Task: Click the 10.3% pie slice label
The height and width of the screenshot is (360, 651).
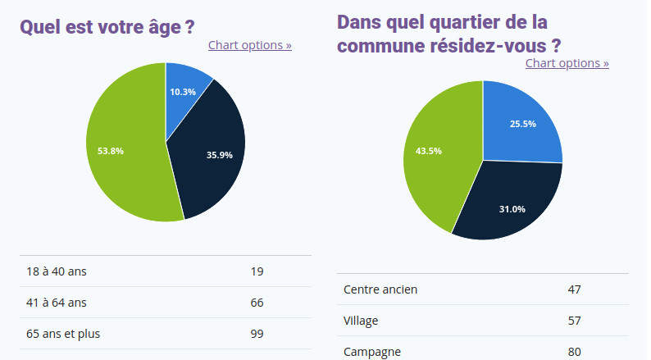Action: coord(183,92)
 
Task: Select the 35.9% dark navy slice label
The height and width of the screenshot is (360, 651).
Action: coord(220,155)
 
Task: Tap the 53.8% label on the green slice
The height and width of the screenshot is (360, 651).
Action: coord(111,151)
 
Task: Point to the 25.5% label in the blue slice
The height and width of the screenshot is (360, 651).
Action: coord(523,124)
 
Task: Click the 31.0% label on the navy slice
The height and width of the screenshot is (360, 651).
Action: coord(512,209)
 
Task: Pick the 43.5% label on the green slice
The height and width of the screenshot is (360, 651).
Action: coord(429,151)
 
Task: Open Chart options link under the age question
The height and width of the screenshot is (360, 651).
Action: coord(250,45)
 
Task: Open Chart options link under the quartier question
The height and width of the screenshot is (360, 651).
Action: coord(567,63)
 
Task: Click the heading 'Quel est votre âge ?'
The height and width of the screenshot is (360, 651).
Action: coord(107,26)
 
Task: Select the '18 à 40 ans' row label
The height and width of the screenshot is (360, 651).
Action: coord(57,271)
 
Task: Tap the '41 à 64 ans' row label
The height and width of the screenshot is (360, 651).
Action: coord(57,303)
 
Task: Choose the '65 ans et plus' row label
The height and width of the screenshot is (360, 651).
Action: coord(63,334)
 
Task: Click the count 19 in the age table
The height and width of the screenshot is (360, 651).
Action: coord(257,271)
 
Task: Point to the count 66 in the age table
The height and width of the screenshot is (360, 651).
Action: coord(257,303)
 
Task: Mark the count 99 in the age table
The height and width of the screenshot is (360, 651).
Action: coord(257,334)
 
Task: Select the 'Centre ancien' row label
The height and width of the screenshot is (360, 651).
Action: coord(380,289)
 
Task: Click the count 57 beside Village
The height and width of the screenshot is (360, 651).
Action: coord(574,321)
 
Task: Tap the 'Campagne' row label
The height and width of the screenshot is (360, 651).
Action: coord(372,352)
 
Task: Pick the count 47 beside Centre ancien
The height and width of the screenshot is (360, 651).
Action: coord(574,289)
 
